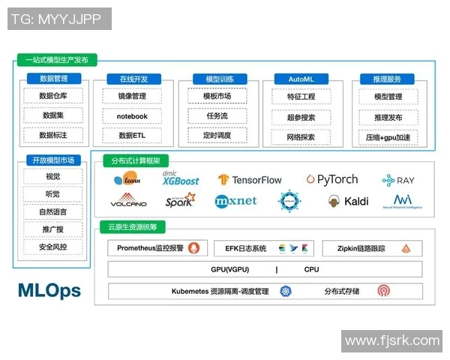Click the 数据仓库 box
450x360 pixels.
53,96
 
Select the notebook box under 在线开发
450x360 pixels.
132,116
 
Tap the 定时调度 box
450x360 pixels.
217,136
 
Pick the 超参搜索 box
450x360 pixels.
301,117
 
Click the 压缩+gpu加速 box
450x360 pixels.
388,137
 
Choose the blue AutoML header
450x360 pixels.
301,79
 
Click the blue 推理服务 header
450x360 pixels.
387,79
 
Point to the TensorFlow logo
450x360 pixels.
250,180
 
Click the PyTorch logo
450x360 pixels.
332,179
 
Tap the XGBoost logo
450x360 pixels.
181,178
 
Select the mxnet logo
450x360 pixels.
235,201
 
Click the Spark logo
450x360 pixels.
180,200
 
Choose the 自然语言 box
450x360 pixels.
52,212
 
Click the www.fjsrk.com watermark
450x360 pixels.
391,341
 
